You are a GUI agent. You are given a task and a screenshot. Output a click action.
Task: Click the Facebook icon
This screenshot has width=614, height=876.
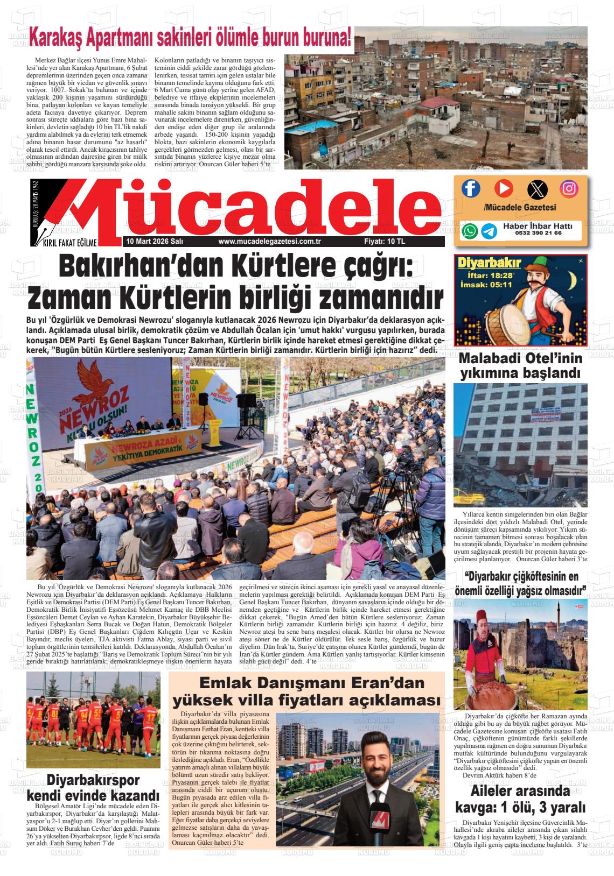pos(471,188)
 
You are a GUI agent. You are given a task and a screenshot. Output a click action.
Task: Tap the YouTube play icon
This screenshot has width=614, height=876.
pos(504,188)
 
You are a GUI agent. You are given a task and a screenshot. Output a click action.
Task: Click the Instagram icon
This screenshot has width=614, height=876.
pos(569,188)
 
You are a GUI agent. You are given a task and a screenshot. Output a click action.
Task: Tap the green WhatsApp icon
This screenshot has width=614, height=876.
pos(470,231)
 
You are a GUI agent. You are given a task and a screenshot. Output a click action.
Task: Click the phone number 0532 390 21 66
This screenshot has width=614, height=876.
pos(538,234)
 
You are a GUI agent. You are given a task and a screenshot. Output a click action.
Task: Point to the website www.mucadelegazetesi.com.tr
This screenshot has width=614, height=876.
pos(270,242)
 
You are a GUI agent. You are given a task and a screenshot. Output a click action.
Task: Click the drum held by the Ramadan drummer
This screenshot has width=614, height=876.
pos(517,318)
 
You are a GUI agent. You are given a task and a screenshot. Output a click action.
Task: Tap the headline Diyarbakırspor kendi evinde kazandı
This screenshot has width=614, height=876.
pos(93,787)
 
